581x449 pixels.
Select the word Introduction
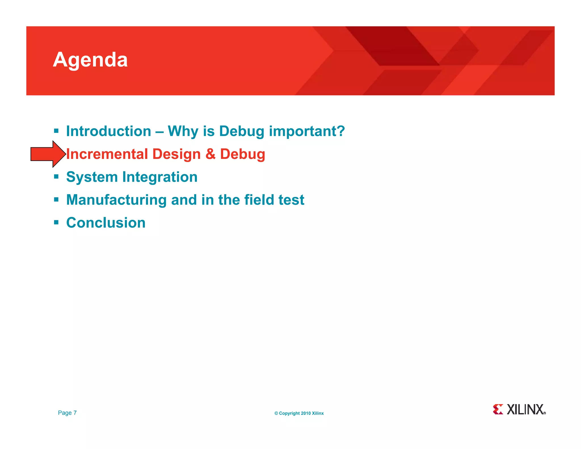(109, 131)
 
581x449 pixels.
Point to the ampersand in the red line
(210, 154)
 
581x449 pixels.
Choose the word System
(92, 177)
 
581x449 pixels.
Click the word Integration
(160, 177)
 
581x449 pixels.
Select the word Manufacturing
(116, 200)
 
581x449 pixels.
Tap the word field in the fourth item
(259, 200)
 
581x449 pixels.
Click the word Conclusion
(106, 223)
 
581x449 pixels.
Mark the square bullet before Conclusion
(56, 222)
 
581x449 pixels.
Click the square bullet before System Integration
(56, 177)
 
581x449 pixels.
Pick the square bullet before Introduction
(56, 131)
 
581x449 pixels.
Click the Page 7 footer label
(67, 413)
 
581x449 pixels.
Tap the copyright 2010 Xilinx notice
(299, 413)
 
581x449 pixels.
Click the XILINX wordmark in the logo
(525, 410)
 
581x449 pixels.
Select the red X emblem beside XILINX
(498, 409)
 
